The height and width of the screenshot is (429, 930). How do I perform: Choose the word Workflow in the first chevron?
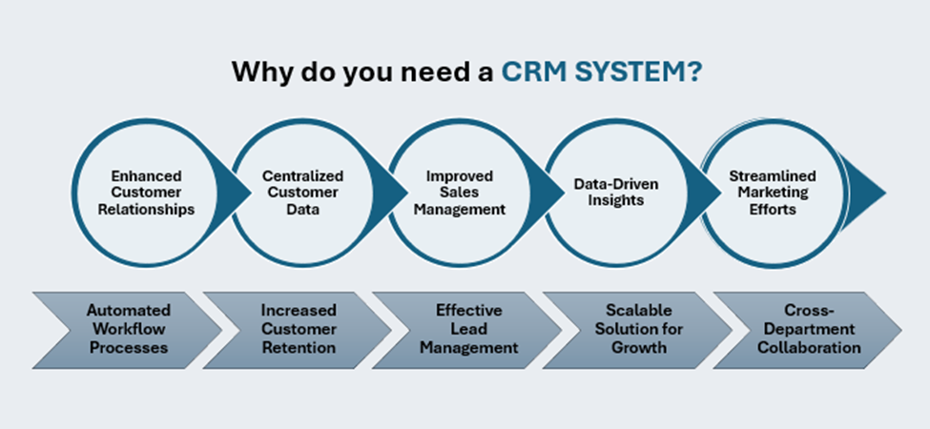(128, 330)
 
